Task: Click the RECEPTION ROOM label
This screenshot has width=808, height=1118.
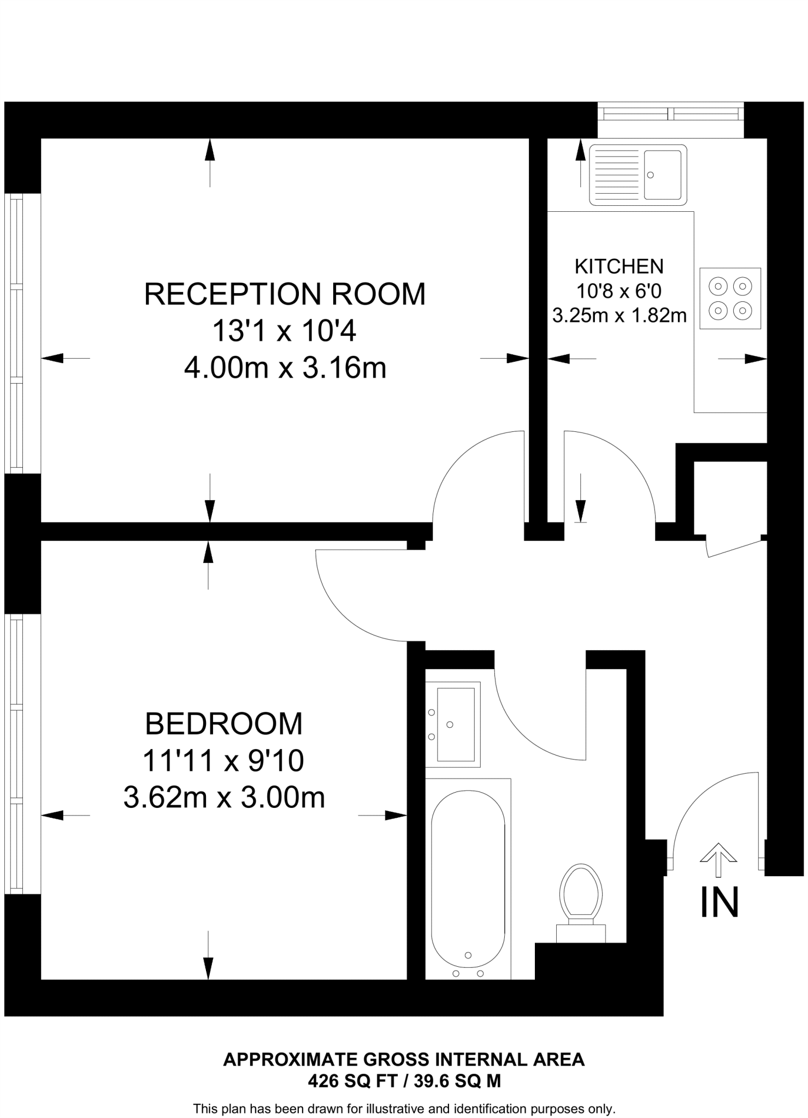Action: [285, 294]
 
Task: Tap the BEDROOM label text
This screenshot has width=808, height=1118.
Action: [223, 724]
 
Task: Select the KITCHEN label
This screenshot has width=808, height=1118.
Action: [619, 266]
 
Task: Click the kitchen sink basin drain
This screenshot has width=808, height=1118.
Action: [650, 175]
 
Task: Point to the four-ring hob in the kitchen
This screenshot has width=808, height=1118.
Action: [730, 298]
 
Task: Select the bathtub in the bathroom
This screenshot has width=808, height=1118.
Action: [468, 878]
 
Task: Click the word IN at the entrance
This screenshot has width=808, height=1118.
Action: [719, 902]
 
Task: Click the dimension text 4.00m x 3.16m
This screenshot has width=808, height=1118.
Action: [285, 368]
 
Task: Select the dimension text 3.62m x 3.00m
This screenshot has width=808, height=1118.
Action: [223, 798]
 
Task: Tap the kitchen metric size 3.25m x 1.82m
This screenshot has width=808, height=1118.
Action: [619, 316]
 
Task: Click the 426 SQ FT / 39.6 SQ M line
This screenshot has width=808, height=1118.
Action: [404, 1081]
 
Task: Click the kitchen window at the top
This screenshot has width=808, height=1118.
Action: [670, 114]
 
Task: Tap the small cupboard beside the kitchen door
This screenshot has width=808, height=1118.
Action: [730, 497]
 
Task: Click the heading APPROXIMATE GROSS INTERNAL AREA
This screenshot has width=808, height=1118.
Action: [404, 1060]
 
